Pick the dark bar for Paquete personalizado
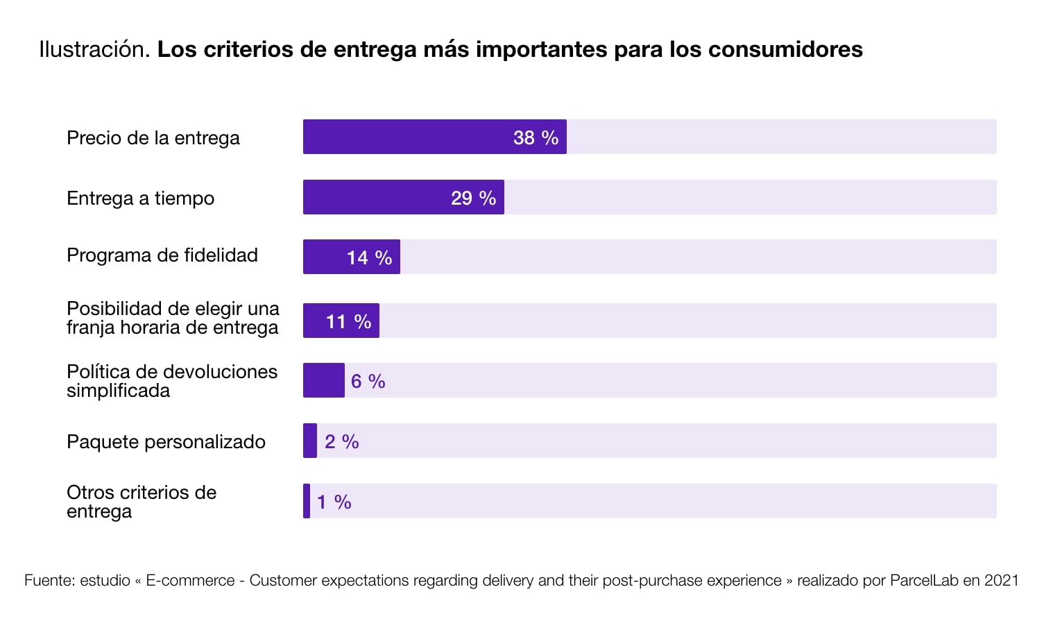tap(310, 441)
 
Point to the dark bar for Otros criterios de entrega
tap(307, 501)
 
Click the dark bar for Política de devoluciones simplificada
tap(324, 380)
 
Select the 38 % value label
tap(536, 137)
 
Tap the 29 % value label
tap(473, 198)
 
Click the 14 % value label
tap(369, 257)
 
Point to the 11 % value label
tap(348, 321)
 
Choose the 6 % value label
tap(368, 381)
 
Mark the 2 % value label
tap(341, 441)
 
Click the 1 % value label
tap(334, 502)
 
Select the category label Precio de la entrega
tap(153, 138)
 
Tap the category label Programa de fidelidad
tap(162, 255)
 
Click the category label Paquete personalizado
tap(166, 442)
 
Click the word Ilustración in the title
tap(94, 49)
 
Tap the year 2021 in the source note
tap(1001, 580)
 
